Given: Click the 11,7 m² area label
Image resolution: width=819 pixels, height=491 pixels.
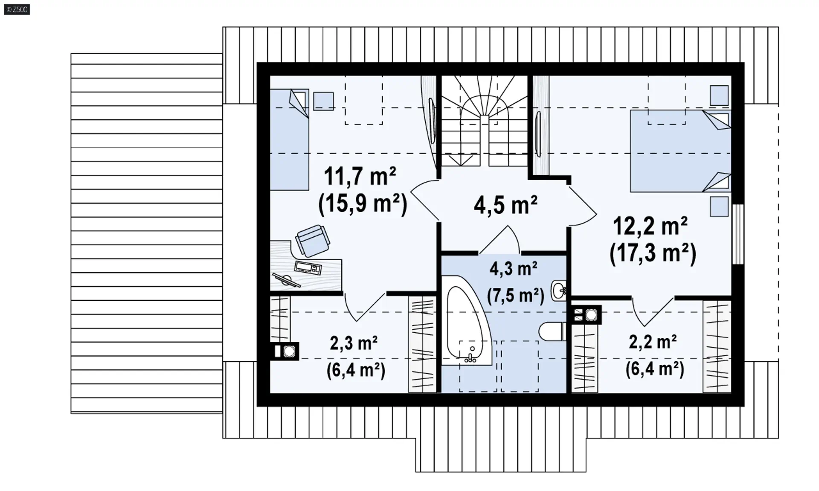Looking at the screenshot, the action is click(360, 176).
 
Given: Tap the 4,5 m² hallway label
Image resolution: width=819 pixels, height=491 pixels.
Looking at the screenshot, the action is click(505, 205).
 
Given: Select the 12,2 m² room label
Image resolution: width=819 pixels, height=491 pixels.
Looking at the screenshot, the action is click(650, 226).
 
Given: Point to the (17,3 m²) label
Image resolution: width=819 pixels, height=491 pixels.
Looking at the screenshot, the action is click(653, 253).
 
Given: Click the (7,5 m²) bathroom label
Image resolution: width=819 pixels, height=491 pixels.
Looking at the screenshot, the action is click(516, 295).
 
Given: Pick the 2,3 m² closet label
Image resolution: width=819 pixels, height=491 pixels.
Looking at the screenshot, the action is click(354, 343).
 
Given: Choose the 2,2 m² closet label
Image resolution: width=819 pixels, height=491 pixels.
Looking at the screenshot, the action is click(653, 342).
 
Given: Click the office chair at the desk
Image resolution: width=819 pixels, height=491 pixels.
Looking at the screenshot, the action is click(313, 241).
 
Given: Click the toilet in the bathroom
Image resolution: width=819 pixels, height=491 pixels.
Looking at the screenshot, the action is click(553, 331).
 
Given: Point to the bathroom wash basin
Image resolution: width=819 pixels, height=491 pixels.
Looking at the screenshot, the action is click(559, 291).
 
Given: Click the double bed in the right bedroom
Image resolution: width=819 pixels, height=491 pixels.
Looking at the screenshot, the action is click(680, 151).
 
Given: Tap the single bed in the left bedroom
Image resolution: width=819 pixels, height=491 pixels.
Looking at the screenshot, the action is click(289, 139).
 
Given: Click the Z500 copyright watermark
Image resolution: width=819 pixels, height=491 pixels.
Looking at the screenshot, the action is click(17, 9).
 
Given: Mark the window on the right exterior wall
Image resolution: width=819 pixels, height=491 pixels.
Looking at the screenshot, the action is click(738, 234).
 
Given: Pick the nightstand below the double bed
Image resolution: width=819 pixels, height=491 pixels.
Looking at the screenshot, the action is click(719, 206).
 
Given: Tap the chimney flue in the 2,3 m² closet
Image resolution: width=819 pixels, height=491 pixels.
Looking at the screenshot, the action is click(285, 352).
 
